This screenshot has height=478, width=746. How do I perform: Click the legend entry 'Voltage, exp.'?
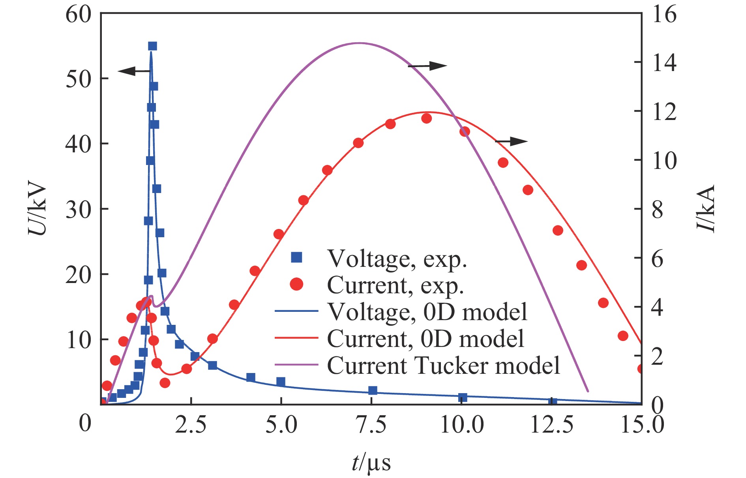point(397,259)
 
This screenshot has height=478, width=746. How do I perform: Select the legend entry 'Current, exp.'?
point(395,285)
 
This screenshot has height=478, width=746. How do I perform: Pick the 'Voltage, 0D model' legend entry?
point(427,312)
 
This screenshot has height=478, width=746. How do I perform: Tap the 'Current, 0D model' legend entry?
point(425,339)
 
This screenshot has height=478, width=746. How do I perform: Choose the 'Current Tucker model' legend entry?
point(443,366)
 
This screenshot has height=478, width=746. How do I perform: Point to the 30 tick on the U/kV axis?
point(78,210)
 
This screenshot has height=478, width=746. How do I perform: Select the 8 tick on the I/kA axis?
point(658,210)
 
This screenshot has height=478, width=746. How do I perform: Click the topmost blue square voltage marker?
point(152,46)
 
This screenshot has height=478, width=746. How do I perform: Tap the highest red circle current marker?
point(426,118)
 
